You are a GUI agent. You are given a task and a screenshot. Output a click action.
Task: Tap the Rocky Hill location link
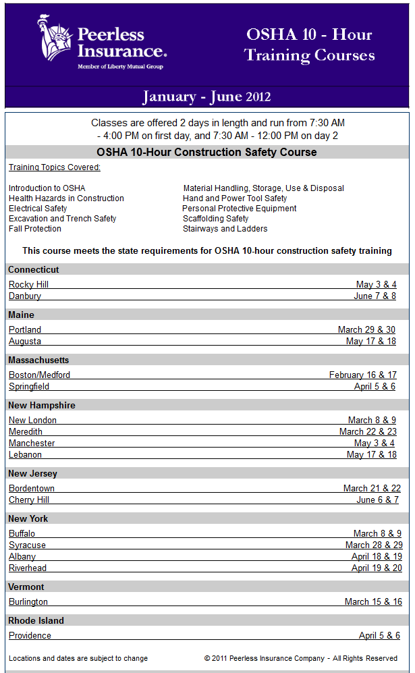pyautogui.click(x=28, y=285)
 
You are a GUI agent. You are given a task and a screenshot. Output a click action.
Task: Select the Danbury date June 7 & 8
pyautogui.click(x=375, y=296)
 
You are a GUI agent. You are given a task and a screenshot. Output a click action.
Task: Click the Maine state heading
pyautogui.click(x=21, y=315)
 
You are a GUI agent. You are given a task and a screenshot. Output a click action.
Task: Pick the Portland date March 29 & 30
pyautogui.click(x=366, y=330)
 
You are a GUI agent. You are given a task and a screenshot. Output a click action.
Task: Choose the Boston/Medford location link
pyautogui.click(x=39, y=375)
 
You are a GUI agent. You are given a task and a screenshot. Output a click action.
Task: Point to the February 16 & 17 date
pyautogui.click(x=362, y=375)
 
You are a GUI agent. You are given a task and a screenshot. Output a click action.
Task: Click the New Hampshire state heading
pyautogui.click(x=42, y=406)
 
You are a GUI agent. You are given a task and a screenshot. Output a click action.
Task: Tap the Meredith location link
pyautogui.click(x=26, y=432)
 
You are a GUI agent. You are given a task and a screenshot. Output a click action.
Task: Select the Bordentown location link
pyautogui.click(x=32, y=489)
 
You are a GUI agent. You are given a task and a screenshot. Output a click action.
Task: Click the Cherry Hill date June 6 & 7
pyautogui.click(x=377, y=500)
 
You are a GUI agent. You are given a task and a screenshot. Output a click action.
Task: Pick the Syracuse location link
pyautogui.click(x=27, y=545)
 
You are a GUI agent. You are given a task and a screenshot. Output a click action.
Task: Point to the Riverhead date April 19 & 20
pyautogui.click(x=377, y=568)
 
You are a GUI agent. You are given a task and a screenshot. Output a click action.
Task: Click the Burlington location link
pyautogui.click(x=28, y=602)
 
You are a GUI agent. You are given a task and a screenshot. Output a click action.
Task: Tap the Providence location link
pyautogui.click(x=30, y=636)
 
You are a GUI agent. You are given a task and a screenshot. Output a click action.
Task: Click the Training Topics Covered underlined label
pyautogui.click(x=55, y=167)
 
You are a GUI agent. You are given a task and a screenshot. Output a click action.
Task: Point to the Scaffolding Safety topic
pyautogui.click(x=215, y=219)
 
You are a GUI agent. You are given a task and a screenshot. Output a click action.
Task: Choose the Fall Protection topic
pyautogui.click(x=35, y=229)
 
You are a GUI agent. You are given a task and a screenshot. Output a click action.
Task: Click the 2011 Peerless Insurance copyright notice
pyautogui.click(x=300, y=658)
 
